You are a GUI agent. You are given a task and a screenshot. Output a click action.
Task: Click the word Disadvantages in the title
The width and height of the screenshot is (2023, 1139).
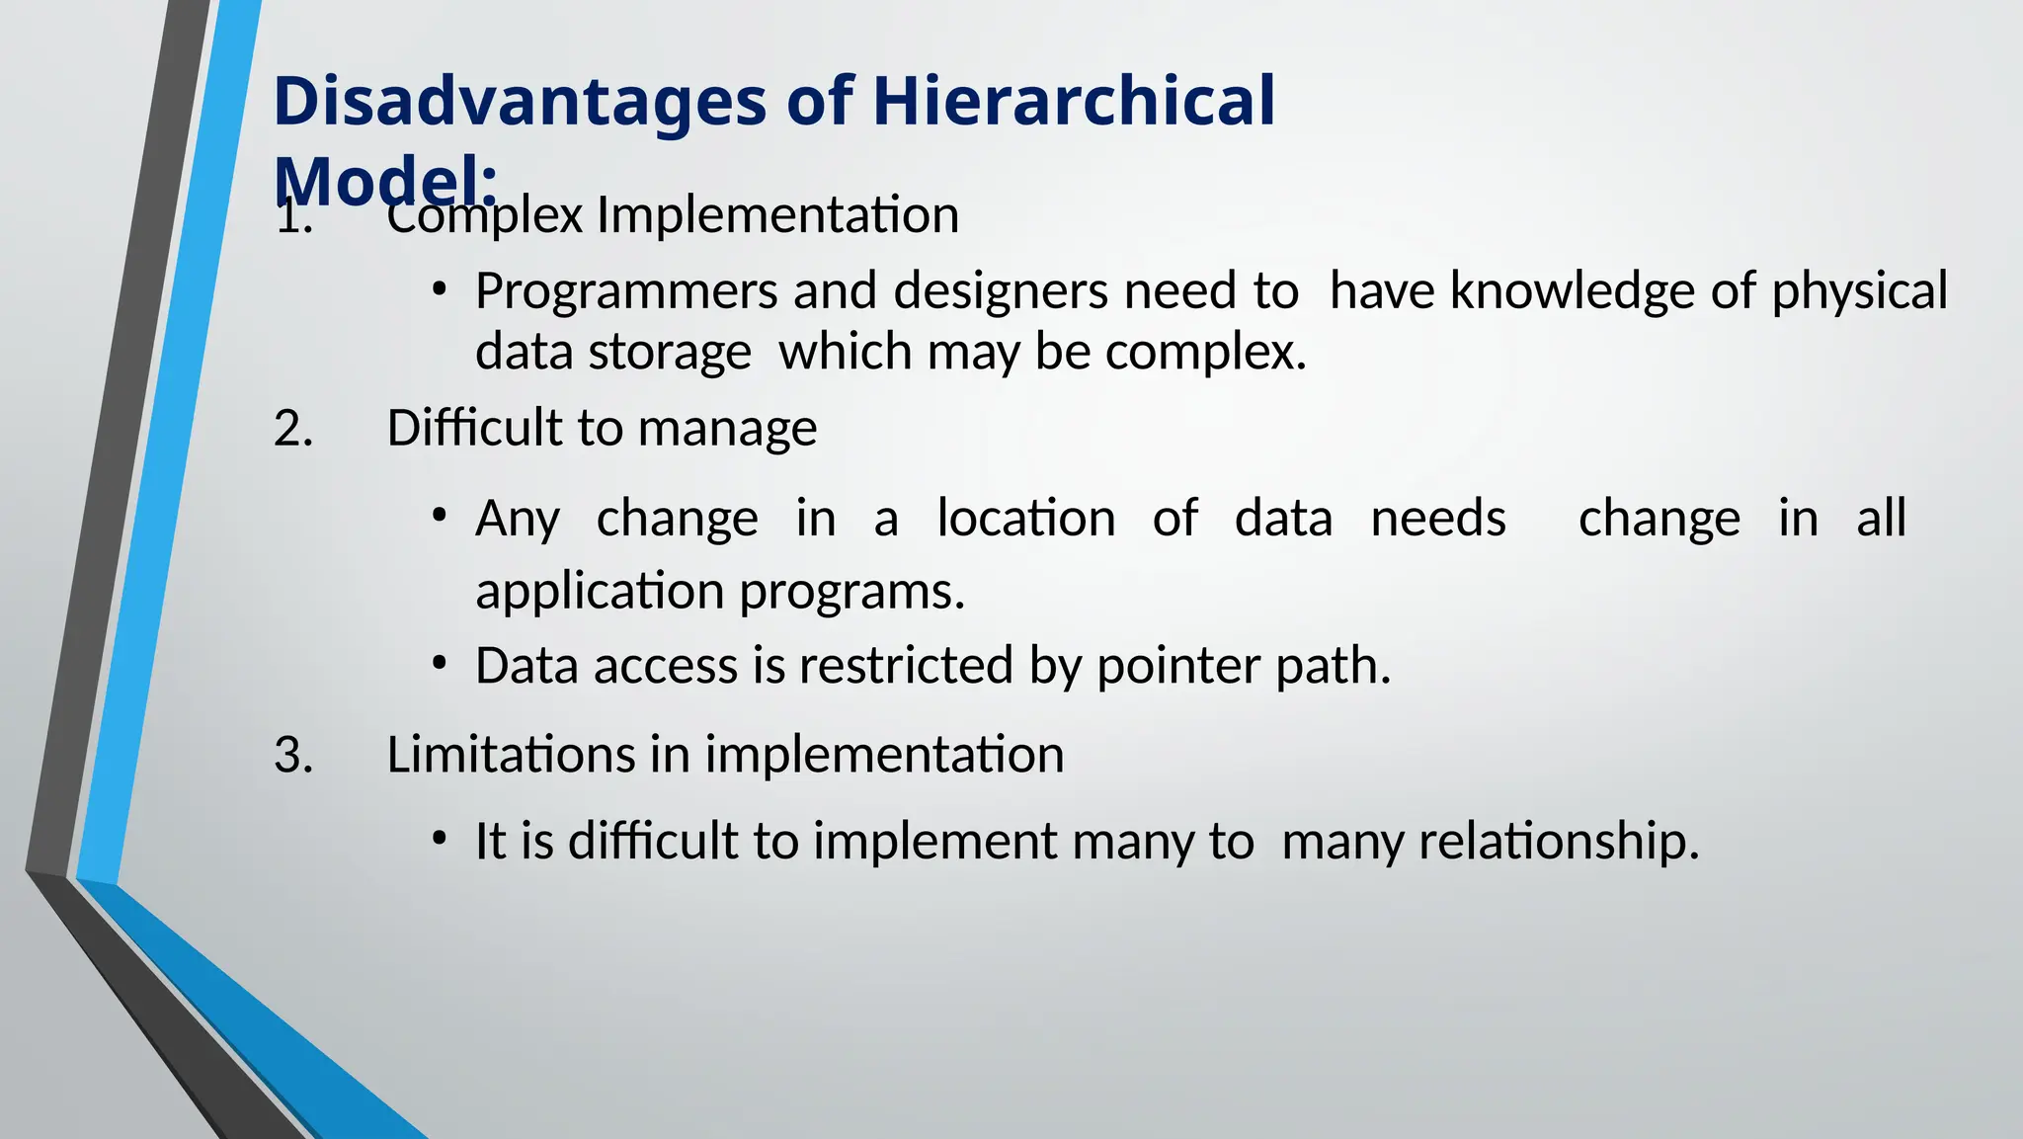[520, 102]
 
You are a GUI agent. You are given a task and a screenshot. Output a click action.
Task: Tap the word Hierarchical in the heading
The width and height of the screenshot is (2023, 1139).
[1074, 102]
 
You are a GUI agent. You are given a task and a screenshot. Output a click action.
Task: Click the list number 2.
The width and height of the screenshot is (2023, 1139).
[293, 429]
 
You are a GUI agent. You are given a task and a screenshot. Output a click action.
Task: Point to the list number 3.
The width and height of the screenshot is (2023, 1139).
[293, 756]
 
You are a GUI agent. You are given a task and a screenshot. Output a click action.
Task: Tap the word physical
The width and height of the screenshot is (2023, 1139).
[1859, 292]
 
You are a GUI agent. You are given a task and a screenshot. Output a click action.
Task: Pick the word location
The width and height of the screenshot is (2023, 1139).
[1026, 519]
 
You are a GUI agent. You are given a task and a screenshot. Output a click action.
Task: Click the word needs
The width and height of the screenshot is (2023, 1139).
[1438, 519]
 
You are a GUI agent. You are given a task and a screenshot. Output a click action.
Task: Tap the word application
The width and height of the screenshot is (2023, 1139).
[600, 592]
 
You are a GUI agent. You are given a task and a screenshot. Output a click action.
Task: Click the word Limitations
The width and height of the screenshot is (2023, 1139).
[511, 756]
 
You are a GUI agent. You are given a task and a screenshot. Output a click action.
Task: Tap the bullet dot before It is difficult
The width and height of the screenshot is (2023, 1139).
[440, 840]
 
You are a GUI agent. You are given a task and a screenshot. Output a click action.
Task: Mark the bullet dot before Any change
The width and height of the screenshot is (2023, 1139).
[440, 516]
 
